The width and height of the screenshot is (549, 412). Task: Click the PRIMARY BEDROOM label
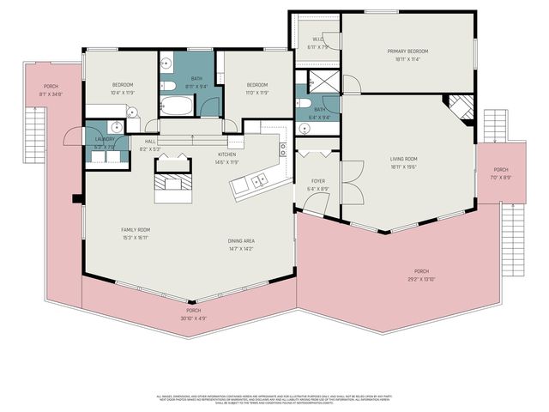pyautogui.click(x=407, y=51)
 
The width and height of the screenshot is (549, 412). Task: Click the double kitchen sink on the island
pyautogui.click(x=258, y=180)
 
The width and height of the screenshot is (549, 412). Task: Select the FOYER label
pyautogui.click(x=318, y=181)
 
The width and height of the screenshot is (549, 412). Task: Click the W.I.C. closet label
pyautogui.click(x=317, y=39)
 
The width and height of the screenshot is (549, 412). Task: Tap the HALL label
pyautogui.click(x=150, y=142)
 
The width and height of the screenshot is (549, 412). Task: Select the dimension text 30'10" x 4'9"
pyautogui.click(x=194, y=318)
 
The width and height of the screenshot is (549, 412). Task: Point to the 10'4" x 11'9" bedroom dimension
pyautogui.click(x=123, y=92)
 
